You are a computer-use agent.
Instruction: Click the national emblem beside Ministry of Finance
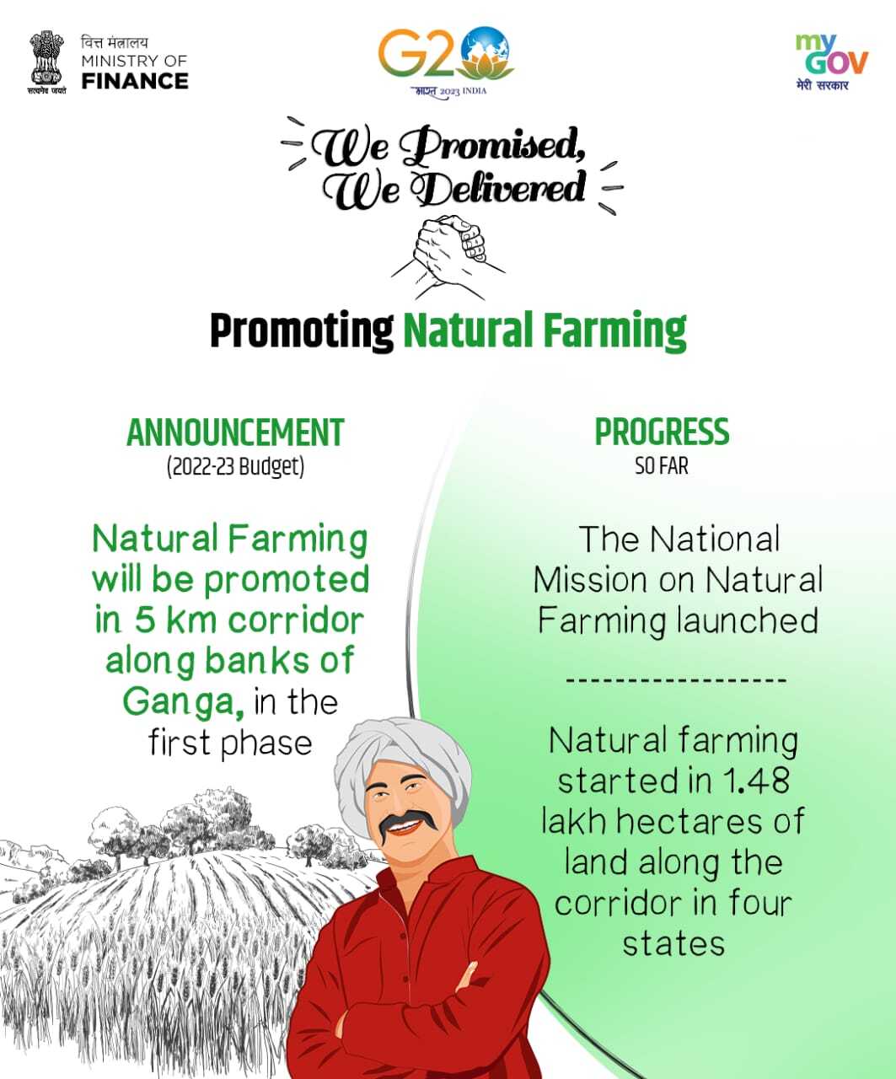[x=46, y=62]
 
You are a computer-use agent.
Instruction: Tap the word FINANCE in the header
[x=135, y=81]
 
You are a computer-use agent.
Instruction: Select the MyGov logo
[x=831, y=62]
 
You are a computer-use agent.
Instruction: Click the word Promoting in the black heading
[x=302, y=330]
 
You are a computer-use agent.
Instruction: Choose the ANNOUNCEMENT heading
[x=235, y=432]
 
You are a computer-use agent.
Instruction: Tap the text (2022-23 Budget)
[x=235, y=467]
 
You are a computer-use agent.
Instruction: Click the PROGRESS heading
[x=662, y=432]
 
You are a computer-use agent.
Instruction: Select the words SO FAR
[x=662, y=466]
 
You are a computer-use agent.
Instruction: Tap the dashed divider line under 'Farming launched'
[x=676, y=680]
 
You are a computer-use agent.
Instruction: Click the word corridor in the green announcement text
[x=296, y=620]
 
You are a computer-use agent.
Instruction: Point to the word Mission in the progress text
[x=590, y=580]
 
